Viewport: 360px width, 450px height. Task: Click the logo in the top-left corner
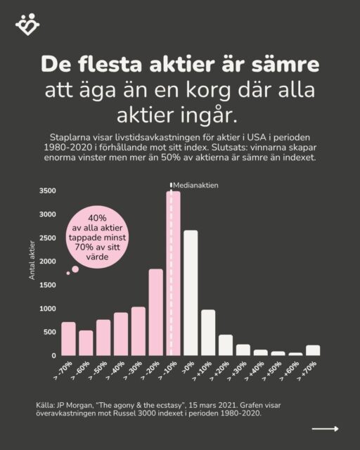tap(27, 25)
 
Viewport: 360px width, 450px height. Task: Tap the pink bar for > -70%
tap(68, 339)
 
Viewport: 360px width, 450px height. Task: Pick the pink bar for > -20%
tap(155, 312)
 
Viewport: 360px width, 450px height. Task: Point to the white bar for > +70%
tap(313, 350)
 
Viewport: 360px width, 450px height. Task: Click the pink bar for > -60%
tap(86, 343)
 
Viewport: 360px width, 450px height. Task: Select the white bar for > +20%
tap(226, 345)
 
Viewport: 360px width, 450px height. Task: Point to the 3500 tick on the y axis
tap(48, 191)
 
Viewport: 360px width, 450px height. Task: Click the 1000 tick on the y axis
tap(48, 309)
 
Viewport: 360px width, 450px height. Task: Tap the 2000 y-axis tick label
tap(48, 262)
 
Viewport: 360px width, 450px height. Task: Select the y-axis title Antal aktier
tap(32, 261)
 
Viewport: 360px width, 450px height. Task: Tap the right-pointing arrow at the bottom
tap(326, 428)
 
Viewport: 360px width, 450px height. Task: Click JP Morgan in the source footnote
tap(73, 406)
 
